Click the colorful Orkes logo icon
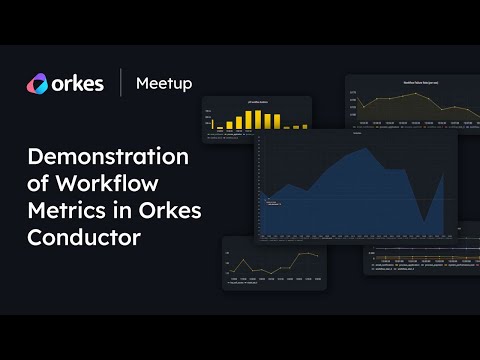pyautogui.click(x=37, y=83)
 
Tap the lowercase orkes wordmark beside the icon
pyautogui.click(x=77, y=83)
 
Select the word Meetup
pyautogui.click(x=162, y=83)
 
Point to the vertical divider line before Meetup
pyautogui.click(x=121, y=83)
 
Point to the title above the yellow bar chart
pyautogui.click(x=257, y=102)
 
